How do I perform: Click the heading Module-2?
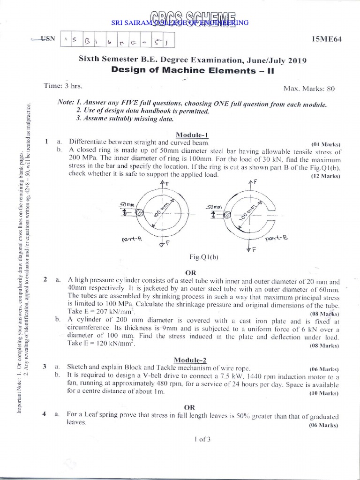[190, 360]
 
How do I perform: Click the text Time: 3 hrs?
[60, 86]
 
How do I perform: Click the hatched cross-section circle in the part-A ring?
[139, 212]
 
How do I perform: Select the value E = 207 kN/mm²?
[102, 311]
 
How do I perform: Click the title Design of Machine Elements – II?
[192, 70]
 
